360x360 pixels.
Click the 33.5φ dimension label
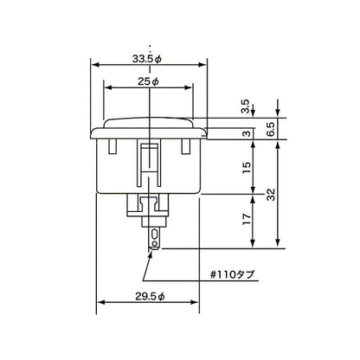click(x=147, y=59)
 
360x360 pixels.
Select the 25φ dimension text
click(x=148, y=82)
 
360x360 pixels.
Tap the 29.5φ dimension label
click(x=150, y=296)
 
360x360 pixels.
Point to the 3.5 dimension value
click(x=246, y=106)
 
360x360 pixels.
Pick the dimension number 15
click(x=247, y=168)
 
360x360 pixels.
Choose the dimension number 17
click(x=247, y=219)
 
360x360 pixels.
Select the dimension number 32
click(x=272, y=194)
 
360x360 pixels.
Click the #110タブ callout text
click(x=233, y=274)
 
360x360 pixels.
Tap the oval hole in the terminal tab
click(x=155, y=234)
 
